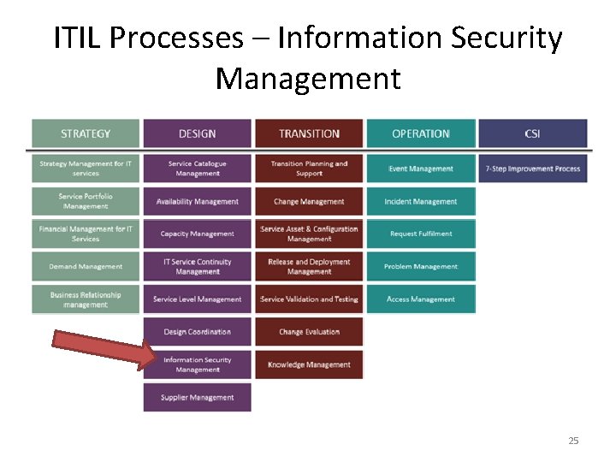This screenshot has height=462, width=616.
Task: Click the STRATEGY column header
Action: tap(86, 133)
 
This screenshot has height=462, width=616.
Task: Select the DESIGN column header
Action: tap(198, 133)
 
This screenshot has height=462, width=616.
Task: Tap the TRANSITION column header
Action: tap(309, 133)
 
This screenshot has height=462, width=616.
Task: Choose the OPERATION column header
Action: tap(421, 133)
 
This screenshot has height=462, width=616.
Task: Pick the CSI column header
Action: tap(532, 133)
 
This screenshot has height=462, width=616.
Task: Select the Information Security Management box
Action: tap(198, 364)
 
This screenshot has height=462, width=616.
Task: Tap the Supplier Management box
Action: tap(198, 397)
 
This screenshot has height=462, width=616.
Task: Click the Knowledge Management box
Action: tap(309, 364)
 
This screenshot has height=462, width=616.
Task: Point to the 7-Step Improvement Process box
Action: tap(532, 169)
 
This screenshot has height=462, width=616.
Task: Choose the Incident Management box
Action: tap(421, 202)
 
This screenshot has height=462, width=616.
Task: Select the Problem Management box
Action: tap(421, 266)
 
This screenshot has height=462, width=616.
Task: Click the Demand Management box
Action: tap(86, 266)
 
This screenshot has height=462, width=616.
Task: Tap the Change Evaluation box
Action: tap(309, 332)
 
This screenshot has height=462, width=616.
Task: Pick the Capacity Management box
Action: tap(198, 234)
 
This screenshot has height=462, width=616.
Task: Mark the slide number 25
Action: tap(573, 441)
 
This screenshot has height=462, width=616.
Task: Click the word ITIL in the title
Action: tap(77, 38)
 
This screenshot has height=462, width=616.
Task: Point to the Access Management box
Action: tap(421, 299)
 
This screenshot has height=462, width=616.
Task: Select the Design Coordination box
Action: tap(198, 332)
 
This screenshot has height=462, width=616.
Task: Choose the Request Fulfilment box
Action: tap(421, 234)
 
